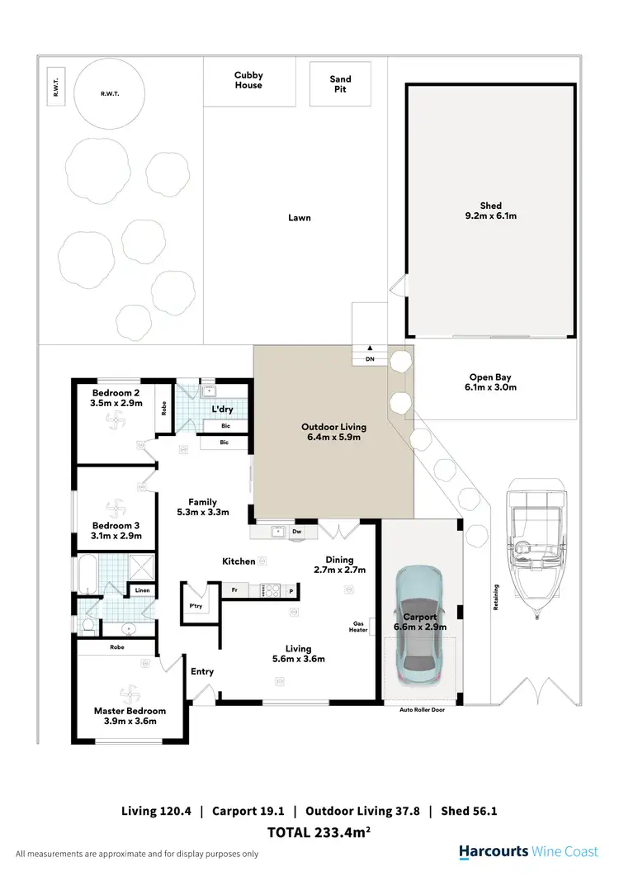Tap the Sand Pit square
[x=340, y=84]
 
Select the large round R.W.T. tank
[x=110, y=93]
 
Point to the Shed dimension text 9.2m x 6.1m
[x=491, y=216]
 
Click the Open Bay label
[x=491, y=377]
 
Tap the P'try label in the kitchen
[x=196, y=606]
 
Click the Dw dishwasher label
[x=296, y=533]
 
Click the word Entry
[x=202, y=671]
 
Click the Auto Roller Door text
[x=422, y=709]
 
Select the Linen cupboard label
[x=142, y=590]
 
